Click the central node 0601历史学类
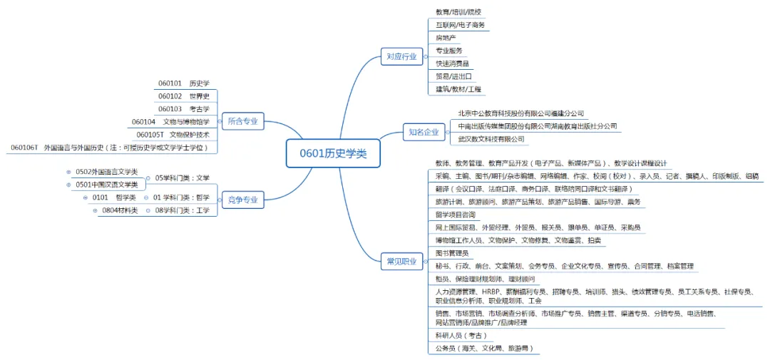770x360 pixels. click(333, 153)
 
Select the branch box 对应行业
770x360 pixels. click(401, 56)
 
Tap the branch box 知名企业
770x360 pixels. click(423, 132)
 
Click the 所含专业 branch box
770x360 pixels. click(242, 122)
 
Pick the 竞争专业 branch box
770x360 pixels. click(242, 200)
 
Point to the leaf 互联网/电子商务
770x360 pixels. click(460, 25)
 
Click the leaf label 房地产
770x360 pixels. click(446, 38)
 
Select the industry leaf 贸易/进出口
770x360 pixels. click(453, 76)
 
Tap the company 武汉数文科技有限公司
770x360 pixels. click(491, 139)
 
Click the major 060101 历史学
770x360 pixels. click(184, 83)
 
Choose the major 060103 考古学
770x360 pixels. click(184, 108)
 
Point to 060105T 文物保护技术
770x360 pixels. click(173, 134)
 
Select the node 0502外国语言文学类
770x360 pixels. click(106, 172)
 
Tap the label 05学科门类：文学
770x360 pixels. click(182, 178)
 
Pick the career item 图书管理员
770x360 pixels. click(452, 253)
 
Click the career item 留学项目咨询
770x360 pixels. click(455, 215)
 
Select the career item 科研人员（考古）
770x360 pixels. click(461, 335)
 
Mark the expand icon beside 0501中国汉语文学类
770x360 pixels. click(69, 185)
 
